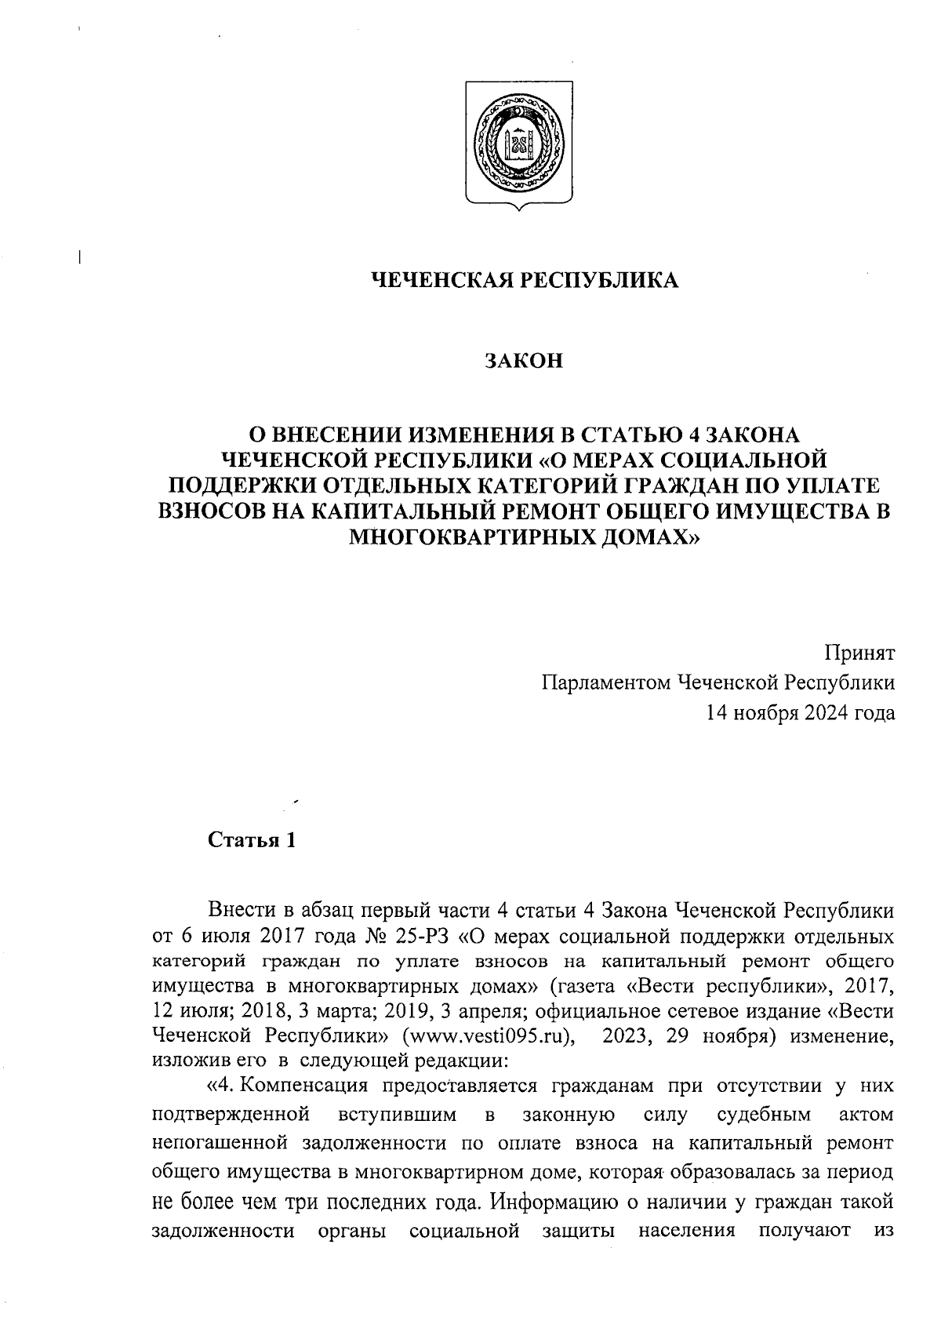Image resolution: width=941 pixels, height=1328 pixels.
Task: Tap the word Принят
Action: tap(859, 653)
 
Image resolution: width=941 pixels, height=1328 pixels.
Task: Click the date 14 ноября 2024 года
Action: tap(800, 713)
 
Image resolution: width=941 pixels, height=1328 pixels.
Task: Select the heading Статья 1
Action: tap(252, 841)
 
